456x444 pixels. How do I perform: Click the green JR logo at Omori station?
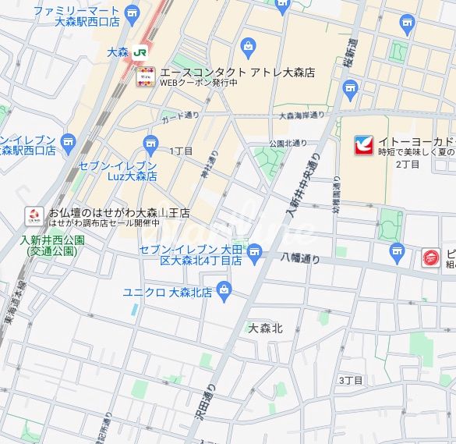coord(140,52)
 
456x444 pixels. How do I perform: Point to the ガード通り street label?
coord(179,118)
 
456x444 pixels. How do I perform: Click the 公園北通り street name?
coord(288,144)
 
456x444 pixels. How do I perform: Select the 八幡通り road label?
coord(301,258)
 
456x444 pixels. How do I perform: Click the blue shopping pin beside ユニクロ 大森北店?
coord(225,292)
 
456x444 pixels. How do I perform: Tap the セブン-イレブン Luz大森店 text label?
coord(118,172)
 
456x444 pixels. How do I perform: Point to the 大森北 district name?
coord(265,329)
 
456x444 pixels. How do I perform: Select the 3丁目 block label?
coord(351,380)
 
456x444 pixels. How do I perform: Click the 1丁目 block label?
coord(181,150)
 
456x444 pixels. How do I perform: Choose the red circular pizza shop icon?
coord(430,257)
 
